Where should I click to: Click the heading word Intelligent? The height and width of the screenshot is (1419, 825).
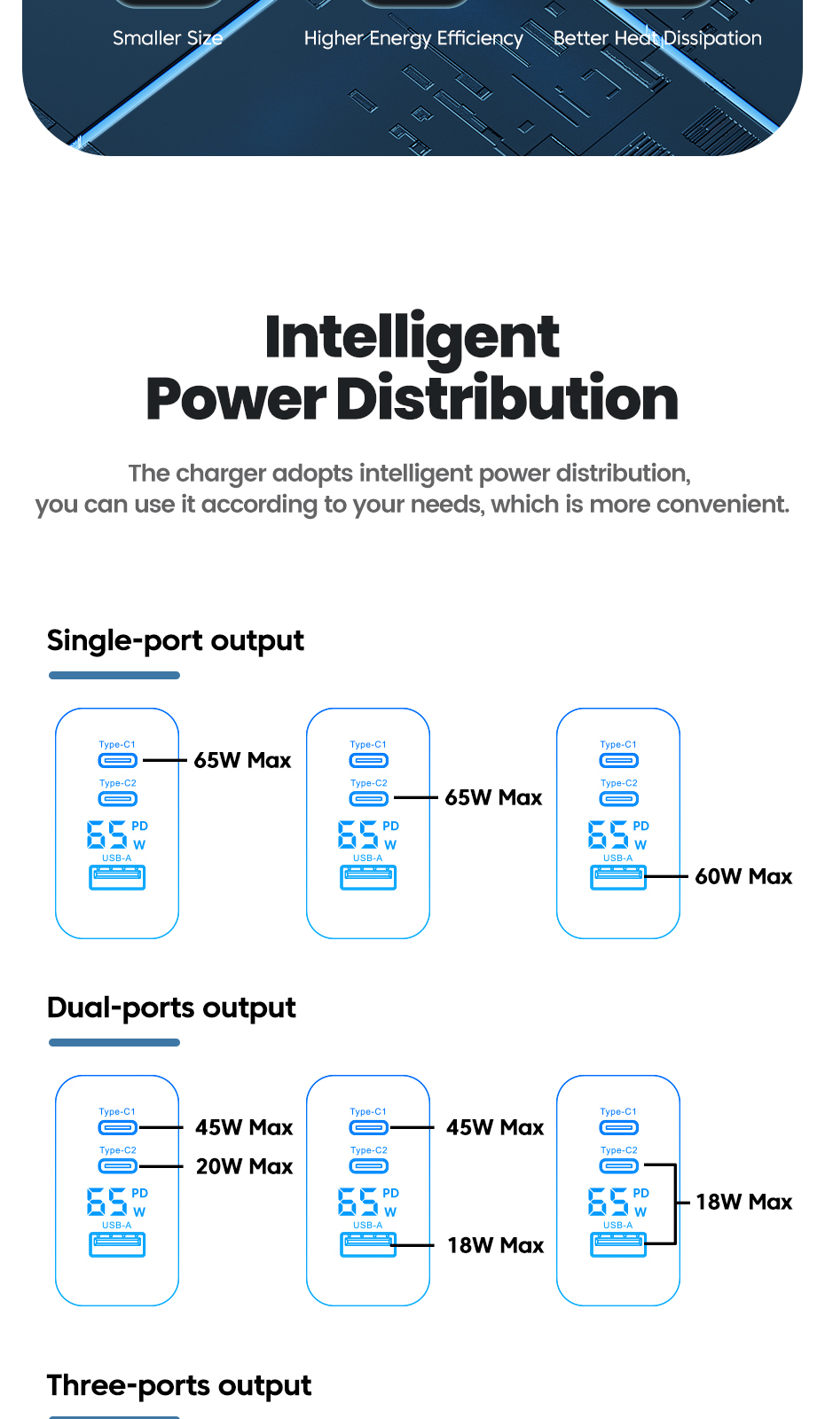[412, 338]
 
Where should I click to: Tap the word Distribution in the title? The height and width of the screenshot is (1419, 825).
[507, 399]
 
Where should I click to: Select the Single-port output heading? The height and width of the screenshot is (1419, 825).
[175, 640]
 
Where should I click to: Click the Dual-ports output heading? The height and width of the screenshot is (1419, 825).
[171, 1007]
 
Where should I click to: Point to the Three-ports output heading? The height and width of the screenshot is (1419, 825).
[178, 1385]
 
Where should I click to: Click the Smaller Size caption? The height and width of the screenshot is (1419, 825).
[168, 38]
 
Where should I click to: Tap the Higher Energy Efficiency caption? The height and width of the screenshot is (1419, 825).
[413, 38]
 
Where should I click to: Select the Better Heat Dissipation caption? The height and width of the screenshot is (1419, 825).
[657, 38]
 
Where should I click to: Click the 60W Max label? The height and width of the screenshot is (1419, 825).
[743, 876]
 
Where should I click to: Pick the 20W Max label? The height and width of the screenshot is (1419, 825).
[244, 1166]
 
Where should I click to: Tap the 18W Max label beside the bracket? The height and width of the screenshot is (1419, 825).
[743, 1202]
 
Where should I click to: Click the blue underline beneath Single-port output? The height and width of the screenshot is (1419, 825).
[114, 676]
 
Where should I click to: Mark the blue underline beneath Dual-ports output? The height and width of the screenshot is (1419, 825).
[114, 1043]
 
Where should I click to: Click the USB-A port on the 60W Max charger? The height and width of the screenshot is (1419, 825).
[618, 877]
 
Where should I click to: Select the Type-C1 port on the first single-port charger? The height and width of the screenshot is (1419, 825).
[117, 760]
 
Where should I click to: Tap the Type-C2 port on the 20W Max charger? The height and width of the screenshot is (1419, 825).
[117, 1166]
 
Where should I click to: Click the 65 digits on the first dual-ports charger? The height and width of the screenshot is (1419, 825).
[107, 1203]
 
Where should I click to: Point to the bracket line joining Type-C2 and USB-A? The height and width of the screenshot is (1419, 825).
[675, 1203]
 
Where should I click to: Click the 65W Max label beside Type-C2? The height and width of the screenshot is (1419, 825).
[493, 797]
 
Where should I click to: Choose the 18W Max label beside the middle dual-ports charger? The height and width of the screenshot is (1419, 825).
[495, 1245]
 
